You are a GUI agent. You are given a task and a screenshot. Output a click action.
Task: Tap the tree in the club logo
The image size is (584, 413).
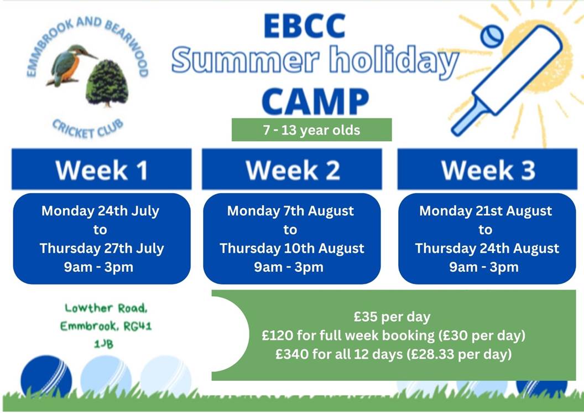(107, 82)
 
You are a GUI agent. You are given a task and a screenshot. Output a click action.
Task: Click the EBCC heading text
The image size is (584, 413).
(305, 26)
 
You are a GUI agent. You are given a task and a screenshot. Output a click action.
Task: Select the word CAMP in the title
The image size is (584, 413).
(315, 101)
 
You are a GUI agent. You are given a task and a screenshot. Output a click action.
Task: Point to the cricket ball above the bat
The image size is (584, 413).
(492, 36)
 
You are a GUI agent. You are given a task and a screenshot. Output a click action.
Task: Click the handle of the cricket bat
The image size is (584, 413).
(468, 116)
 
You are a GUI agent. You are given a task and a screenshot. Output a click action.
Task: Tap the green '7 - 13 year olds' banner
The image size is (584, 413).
(312, 130)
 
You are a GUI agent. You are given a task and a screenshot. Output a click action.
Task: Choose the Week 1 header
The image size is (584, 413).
(102, 169)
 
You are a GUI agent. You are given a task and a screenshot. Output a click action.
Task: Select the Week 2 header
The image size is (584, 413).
(292, 169)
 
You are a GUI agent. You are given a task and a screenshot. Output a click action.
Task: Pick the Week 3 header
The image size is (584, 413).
(488, 169)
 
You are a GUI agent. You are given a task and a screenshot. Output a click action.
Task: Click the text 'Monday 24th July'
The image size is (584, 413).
(100, 211)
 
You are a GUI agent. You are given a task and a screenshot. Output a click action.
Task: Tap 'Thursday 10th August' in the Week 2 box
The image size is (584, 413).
(292, 248)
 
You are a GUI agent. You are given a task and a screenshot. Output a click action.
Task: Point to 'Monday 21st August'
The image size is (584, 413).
(486, 211)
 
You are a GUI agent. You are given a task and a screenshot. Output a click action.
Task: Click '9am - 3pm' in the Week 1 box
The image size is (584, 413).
(98, 267)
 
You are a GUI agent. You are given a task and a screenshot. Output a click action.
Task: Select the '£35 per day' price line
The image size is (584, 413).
(392, 317)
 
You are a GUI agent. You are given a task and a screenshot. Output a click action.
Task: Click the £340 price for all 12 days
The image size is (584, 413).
(394, 354)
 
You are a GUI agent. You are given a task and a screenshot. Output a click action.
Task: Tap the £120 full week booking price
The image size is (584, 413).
(394, 335)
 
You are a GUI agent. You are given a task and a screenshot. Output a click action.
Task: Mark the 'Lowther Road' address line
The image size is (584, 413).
(106, 308)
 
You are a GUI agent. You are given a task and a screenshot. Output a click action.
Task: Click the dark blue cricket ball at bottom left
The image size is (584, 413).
(46, 376)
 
